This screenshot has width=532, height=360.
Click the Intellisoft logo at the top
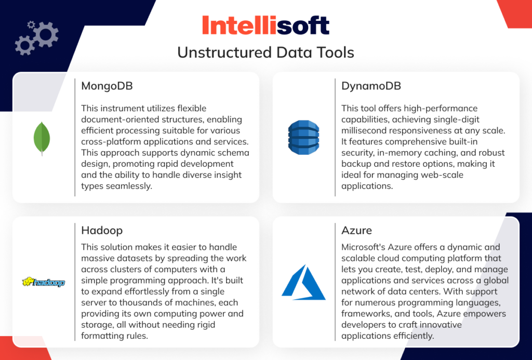point(265,25)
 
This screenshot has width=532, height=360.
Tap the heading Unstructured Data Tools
point(265,52)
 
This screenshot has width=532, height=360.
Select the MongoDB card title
point(107,86)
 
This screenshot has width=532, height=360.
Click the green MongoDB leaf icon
point(42,138)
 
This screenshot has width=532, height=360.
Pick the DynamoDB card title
point(371,86)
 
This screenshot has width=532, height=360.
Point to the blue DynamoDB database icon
point(303,137)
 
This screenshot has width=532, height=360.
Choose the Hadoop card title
point(102,230)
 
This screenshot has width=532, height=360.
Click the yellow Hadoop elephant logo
point(44,282)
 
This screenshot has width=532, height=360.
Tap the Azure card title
point(356,230)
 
